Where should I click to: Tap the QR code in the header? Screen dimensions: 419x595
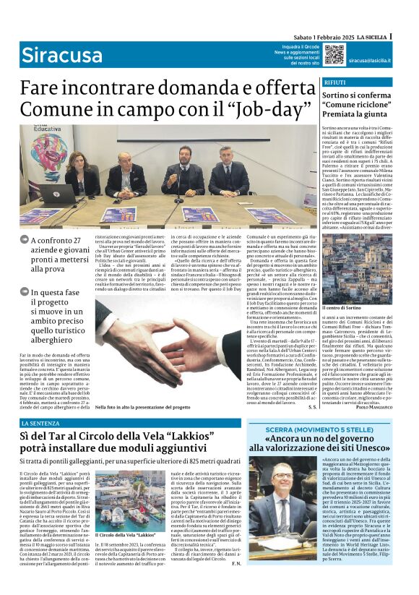tap(333, 54)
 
